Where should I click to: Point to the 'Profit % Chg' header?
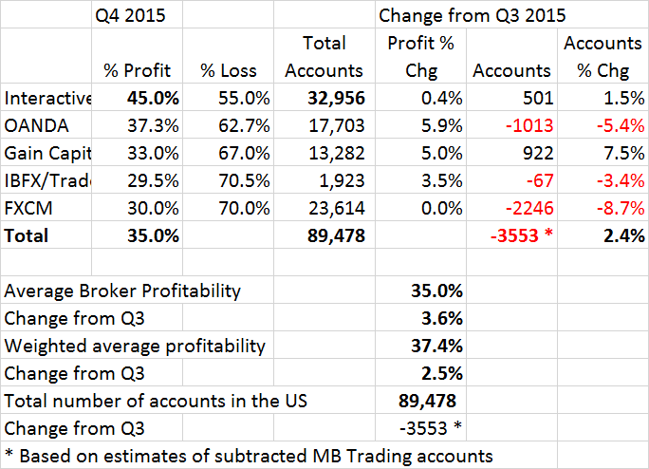[420, 56]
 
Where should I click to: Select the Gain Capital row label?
[46, 153]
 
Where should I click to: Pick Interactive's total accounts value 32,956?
[331, 98]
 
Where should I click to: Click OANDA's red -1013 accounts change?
[526, 125]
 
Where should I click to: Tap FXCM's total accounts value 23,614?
[331, 208]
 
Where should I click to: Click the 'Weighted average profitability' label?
[135, 346]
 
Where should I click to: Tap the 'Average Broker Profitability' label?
[122, 291]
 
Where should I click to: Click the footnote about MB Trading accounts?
[249, 456]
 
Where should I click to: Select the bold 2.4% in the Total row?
[621, 235]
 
